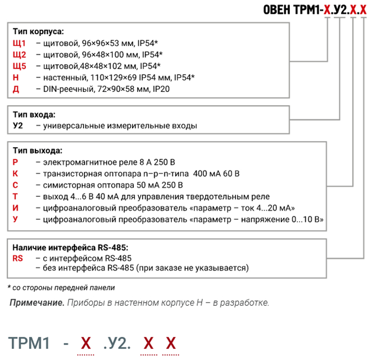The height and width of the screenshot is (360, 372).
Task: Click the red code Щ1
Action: point(19,43)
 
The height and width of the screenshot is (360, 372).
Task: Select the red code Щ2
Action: point(19,55)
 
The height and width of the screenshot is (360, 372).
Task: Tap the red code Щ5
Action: point(19,66)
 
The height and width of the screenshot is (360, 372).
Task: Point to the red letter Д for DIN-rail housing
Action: point(16,89)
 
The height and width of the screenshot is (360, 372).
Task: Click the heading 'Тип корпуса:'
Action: point(38,32)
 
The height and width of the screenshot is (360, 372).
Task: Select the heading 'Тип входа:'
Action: point(34,114)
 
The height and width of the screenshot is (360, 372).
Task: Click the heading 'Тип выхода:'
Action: point(38,150)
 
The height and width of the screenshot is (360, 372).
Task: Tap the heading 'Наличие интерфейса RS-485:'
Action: point(70,248)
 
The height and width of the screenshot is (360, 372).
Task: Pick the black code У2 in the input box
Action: point(18,126)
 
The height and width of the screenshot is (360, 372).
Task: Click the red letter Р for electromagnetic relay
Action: point(15,162)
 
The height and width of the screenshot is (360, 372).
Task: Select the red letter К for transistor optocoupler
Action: point(15,174)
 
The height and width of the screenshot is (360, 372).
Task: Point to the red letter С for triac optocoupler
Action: point(15,185)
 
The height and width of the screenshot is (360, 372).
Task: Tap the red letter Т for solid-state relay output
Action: point(15,196)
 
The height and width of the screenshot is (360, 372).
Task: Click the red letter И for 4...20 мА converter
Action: point(15,208)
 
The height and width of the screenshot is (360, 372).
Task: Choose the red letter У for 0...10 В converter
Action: point(15,219)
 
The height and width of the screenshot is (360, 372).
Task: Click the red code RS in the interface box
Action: point(18,258)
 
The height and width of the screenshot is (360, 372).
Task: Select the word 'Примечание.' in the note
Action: point(37,302)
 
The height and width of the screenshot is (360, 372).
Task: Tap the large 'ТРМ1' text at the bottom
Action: point(29,343)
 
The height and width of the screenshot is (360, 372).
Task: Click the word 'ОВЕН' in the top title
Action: point(276,10)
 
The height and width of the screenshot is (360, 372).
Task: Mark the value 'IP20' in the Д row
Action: point(161,89)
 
